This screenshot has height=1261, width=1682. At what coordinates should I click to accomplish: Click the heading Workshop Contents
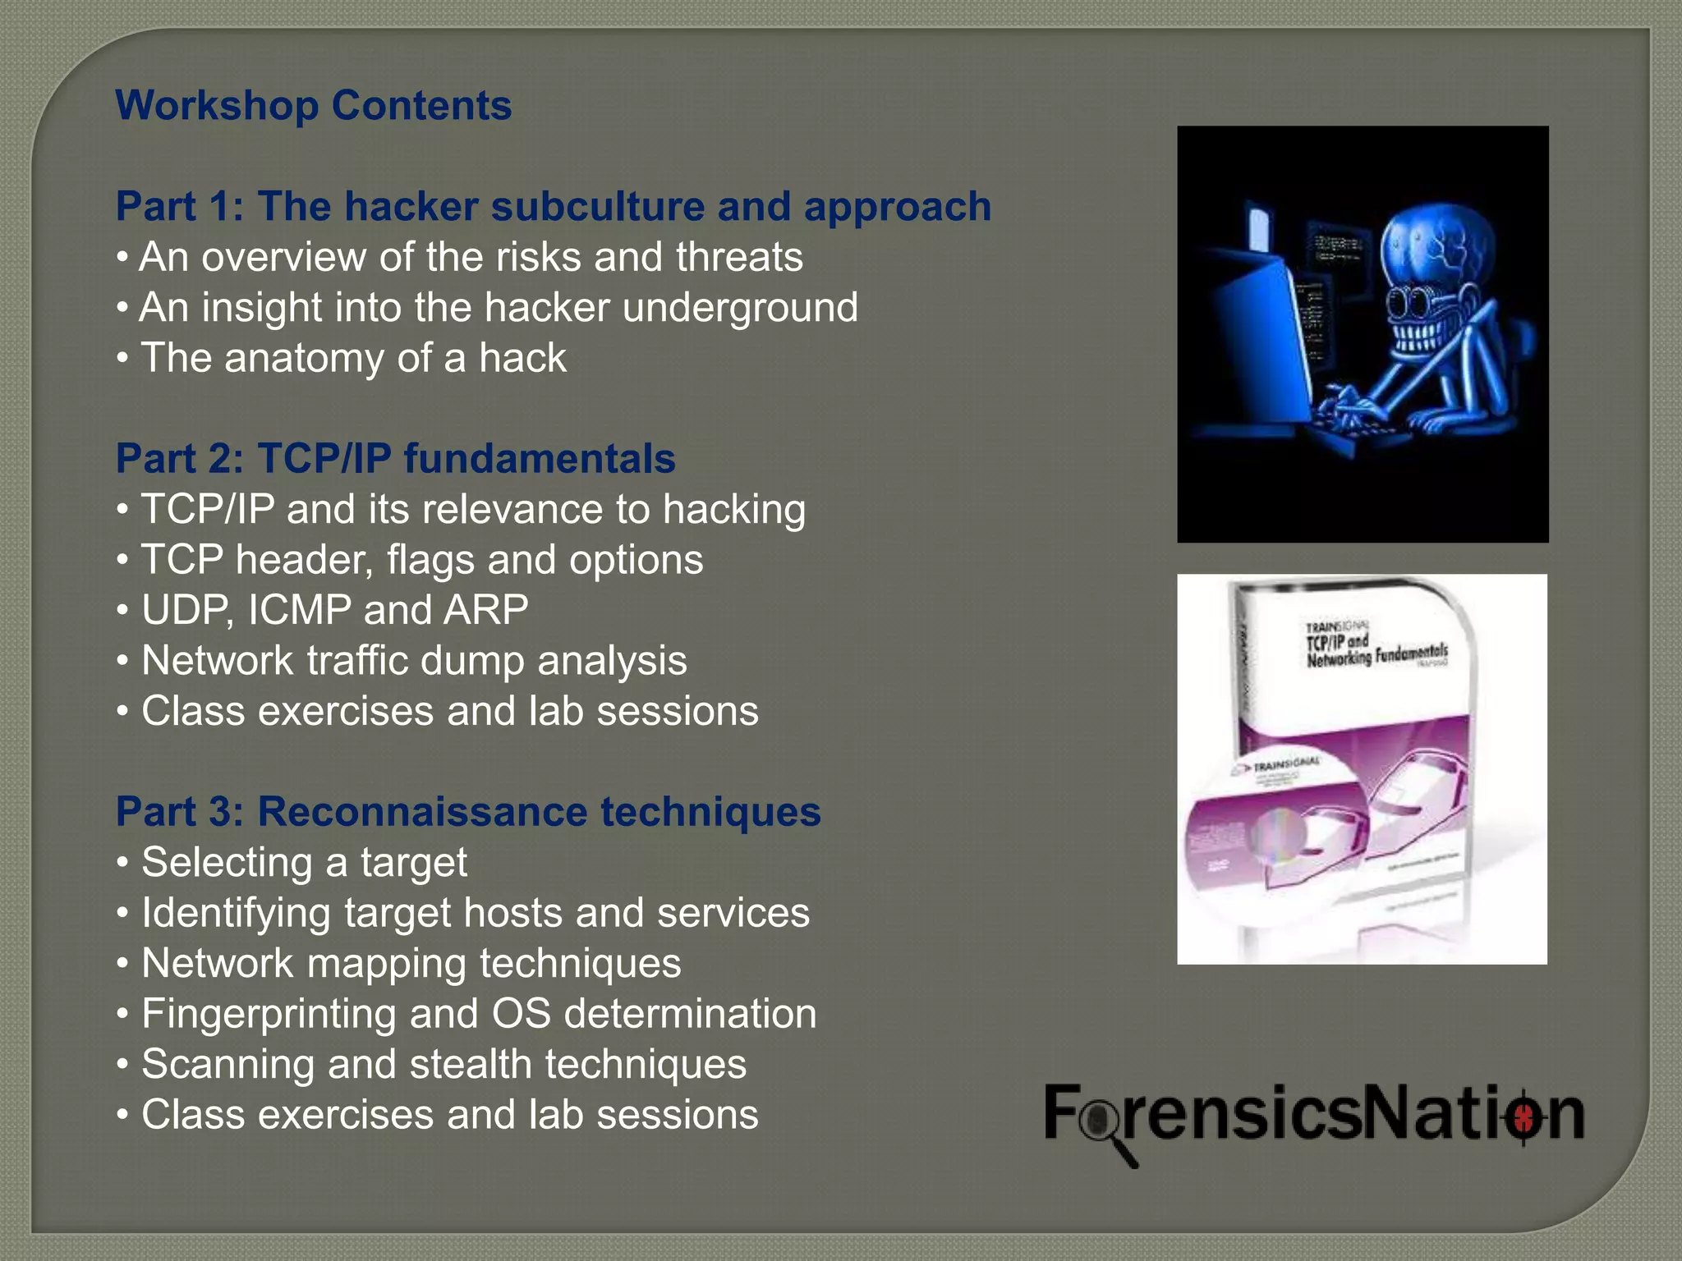tap(313, 106)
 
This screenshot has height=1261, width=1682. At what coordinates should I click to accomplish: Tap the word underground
tap(740, 308)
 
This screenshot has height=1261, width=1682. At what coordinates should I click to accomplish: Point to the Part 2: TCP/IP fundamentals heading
tap(395, 458)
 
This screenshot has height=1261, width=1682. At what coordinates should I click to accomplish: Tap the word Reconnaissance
tap(422, 812)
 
